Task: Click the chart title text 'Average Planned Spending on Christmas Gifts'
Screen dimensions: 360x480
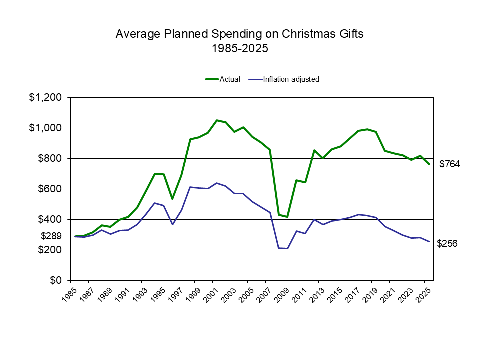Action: point(239,34)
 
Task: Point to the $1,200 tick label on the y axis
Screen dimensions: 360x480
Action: point(46,98)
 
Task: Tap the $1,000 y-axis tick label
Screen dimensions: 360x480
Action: point(46,128)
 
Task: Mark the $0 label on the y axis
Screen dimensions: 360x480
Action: point(55,280)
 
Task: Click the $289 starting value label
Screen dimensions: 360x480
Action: point(51,236)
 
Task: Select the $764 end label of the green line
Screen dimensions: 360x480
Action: point(449,164)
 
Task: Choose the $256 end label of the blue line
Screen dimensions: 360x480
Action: point(447,244)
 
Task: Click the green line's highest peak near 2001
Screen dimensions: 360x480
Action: point(217,120)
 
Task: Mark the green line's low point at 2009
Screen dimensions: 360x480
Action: point(287,217)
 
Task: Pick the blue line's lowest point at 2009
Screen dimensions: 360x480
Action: point(287,248)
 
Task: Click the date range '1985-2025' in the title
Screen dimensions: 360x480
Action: point(239,49)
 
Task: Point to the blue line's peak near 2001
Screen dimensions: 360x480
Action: point(217,183)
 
